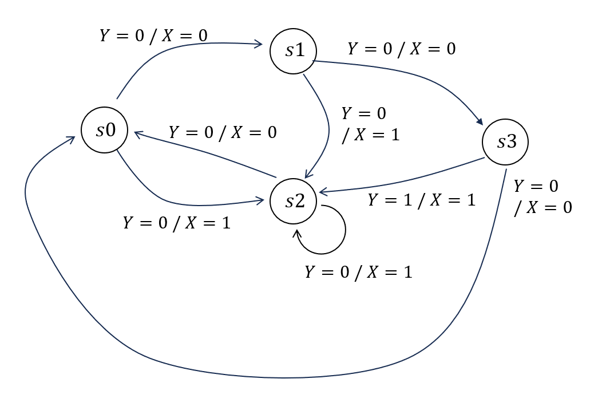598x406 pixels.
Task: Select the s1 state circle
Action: click(x=294, y=50)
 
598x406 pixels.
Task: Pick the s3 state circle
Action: click(x=505, y=141)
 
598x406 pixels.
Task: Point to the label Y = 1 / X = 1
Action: click(x=421, y=200)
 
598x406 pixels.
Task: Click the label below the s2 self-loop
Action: click(x=358, y=272)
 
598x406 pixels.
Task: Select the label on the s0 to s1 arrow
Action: click(x=153, y=36)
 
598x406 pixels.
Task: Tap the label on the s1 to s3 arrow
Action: click(x=402, y=49)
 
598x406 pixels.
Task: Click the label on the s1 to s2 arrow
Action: click(x=370, y=124)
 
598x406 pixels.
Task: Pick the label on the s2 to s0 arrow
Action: click(x=223, y=132)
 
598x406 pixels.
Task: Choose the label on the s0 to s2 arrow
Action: click(x=177, y=223)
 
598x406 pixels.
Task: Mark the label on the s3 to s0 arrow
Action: click(x=542, y=197)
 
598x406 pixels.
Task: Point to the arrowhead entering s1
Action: click(x=259, y=44)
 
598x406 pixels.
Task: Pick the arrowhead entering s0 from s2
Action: click(x=137, y=133)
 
